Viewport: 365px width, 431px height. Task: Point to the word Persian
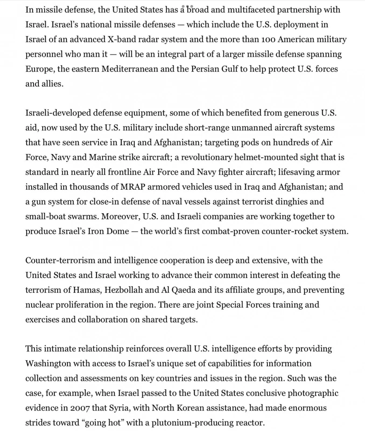click(x=206, y=69)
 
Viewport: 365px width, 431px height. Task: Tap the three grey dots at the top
click(x=187, y=6)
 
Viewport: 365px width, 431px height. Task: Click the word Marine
click(x=102, y=157)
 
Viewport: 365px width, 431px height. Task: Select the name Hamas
click(x=87, y=290)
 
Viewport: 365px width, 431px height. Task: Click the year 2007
click(x=80, y=408)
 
